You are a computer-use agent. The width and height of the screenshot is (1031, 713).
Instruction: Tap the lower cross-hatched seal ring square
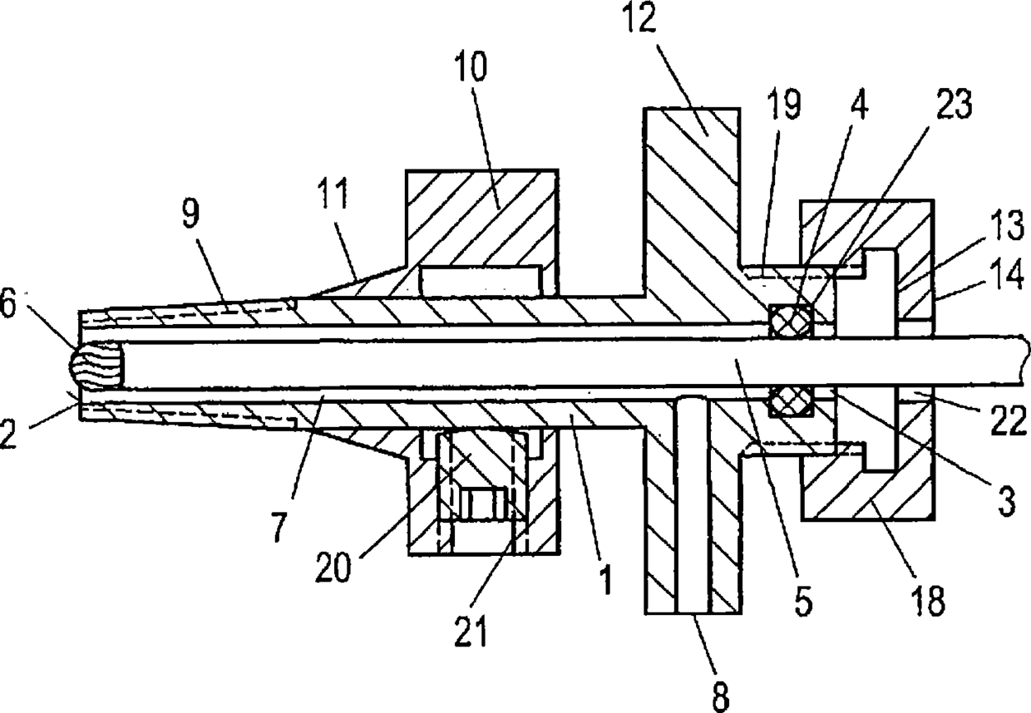pyautogui.click(x=789, y=403)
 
